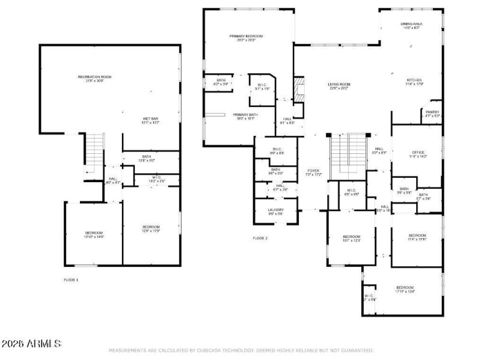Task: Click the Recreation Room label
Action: tap(94, 77)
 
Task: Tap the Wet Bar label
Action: tap(133, 119)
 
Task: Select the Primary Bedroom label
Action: tap(247, 37)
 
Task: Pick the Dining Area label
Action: tap(411, 25)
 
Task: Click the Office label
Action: tap(418, 153)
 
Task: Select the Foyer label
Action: tap(313, 171)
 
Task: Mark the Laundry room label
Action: tap(275, 210)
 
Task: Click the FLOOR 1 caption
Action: tap(71, 280)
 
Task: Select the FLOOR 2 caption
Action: tap(260, 238)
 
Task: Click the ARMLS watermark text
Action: tap(31, 344)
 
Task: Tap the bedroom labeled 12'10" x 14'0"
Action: tap(94, 234)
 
